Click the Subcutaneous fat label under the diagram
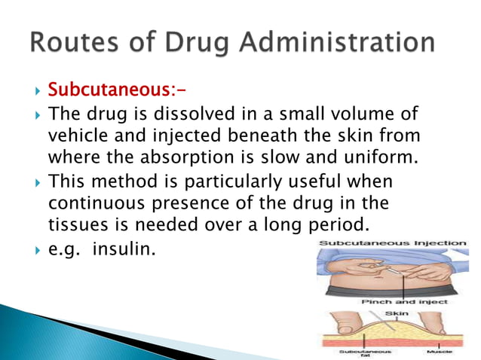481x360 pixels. click(354, 352)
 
